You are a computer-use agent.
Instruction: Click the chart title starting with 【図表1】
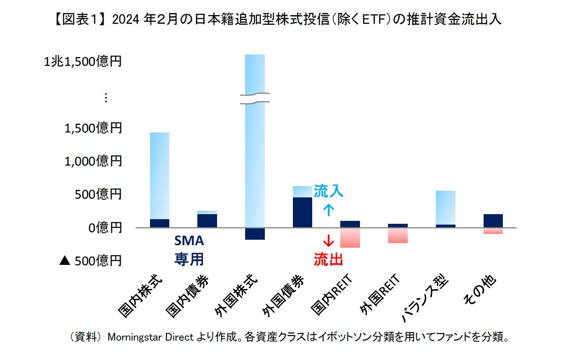pos(285,19)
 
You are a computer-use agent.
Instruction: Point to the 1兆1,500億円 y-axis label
pos(83,62)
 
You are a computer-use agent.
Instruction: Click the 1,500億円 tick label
pos(93,128)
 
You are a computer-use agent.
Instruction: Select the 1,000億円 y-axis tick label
pos(93,161)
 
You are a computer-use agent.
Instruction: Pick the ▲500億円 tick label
pos(90,261)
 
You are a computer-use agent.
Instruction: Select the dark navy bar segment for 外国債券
pos(303,212)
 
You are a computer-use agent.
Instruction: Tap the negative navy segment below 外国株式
pos(255,234)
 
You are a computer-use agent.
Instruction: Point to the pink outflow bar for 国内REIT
pos(350,238)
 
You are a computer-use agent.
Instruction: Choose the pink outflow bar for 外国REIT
pos(398,235)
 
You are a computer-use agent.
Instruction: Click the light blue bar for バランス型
pos(445,207)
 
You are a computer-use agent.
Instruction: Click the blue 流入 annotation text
pos(329,192)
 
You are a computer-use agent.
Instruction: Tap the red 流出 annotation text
pos(329,260)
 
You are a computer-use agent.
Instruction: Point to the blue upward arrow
pos(329,210)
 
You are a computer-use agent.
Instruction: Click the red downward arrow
pos(329,241)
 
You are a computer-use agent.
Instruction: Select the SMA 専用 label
pos(189,250)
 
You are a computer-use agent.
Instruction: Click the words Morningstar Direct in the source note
pos(151,338)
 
